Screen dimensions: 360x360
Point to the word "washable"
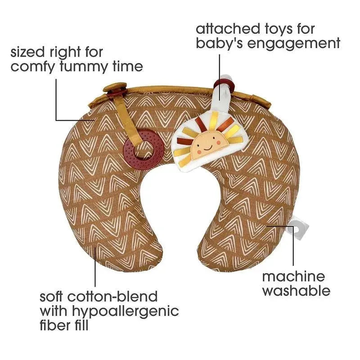point(296,291)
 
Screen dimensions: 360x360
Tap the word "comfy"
point(34,67)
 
